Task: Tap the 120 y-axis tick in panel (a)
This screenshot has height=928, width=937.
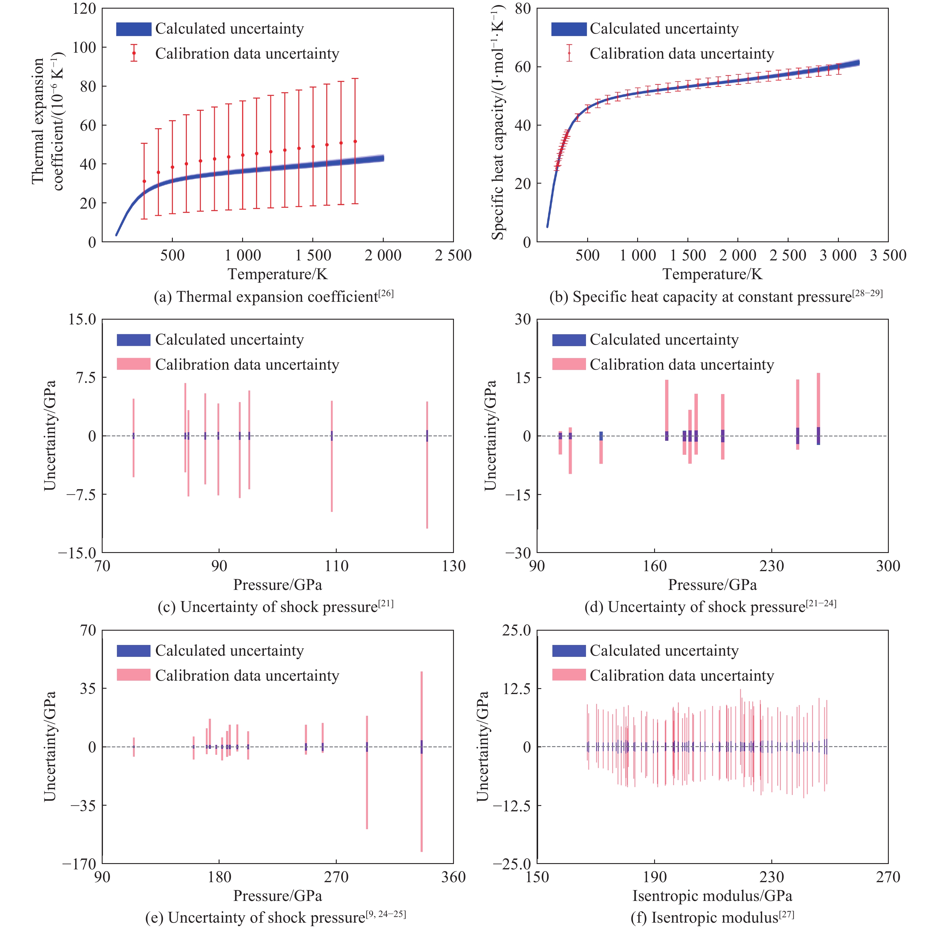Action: coord(84,9)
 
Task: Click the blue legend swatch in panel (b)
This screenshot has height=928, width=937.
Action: coord(568,29)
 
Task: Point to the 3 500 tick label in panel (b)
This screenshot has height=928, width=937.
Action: coord(888,255)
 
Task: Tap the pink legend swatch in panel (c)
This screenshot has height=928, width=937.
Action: coord(133,364)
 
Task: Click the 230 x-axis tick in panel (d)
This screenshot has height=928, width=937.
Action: coord(771,566)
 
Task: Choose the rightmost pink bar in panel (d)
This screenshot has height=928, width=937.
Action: coord(818,408)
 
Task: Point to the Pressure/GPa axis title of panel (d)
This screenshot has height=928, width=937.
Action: coord(712,585)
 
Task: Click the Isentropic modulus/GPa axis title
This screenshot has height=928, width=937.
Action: coord(712,896)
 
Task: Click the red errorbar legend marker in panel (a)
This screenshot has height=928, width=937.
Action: coord(134,53)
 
